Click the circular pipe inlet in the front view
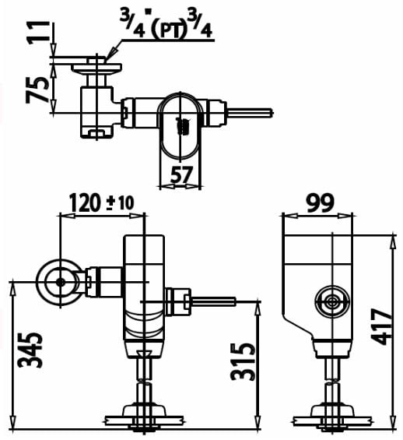59,281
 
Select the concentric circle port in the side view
331,301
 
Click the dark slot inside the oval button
184,125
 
